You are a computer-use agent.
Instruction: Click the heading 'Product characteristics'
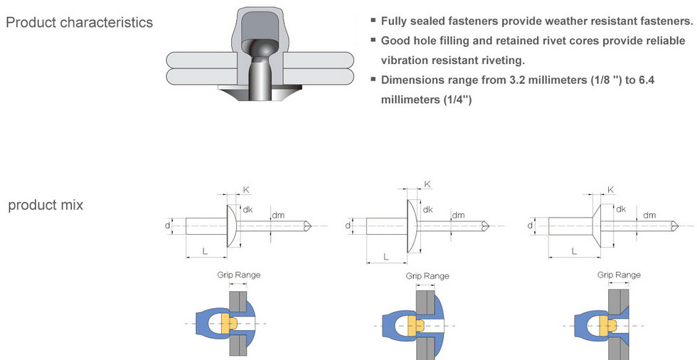click(79, 22)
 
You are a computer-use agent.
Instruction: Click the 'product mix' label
click(46, 205)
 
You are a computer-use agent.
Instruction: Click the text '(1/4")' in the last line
click(456, 99)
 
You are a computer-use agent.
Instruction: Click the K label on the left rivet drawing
click(246, 190)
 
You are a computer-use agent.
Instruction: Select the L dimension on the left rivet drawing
click(205, 251)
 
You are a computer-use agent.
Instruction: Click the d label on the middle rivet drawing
click(348, 226)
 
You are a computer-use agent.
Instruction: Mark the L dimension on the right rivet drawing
click(573, 251)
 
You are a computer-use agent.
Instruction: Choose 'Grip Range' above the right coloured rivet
click(618, 275)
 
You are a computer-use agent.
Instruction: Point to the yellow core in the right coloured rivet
click(607, 324)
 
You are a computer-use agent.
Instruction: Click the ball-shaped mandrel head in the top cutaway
click(260, 50)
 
